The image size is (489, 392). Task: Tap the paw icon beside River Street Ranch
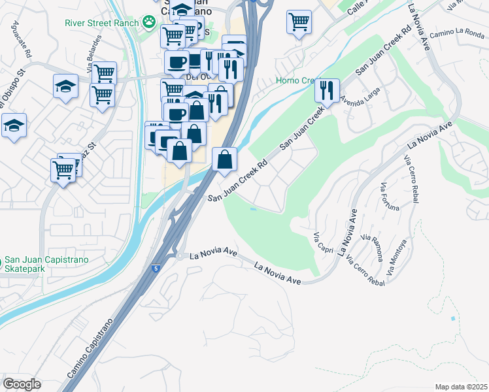[150, 23]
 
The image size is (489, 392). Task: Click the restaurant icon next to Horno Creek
[327, 90]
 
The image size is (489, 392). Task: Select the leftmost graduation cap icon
[14, 125]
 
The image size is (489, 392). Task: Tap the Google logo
[22, 384]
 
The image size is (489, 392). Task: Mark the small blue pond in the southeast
[453, 318]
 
